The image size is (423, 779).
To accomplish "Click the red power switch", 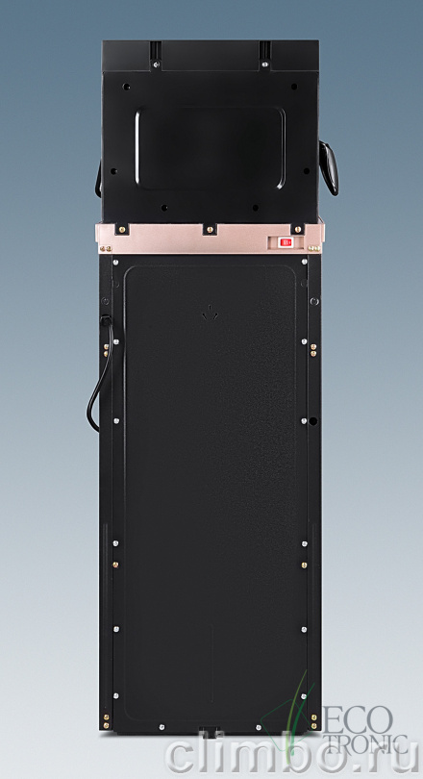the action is click(286, 242).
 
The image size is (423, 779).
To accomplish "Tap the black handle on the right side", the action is click(329, 168).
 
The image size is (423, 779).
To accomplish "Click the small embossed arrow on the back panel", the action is click(211, 313).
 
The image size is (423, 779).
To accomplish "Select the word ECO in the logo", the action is click(358, 716).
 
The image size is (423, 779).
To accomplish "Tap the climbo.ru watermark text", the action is click(292, 754).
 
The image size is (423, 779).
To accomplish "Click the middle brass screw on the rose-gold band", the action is click(210, 230).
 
